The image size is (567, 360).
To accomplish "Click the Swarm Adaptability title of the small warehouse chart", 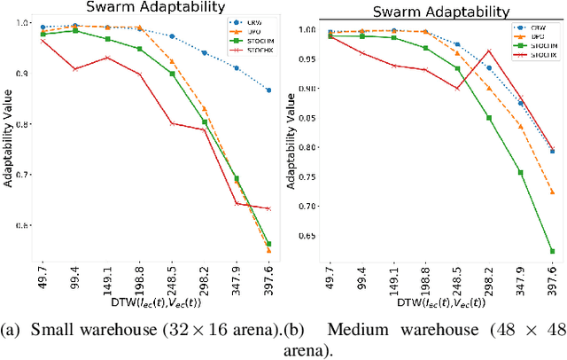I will [153, 10].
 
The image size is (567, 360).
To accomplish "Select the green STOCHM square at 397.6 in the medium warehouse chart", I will [552, 251].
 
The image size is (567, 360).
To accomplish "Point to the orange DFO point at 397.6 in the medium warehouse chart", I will [552, 192].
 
